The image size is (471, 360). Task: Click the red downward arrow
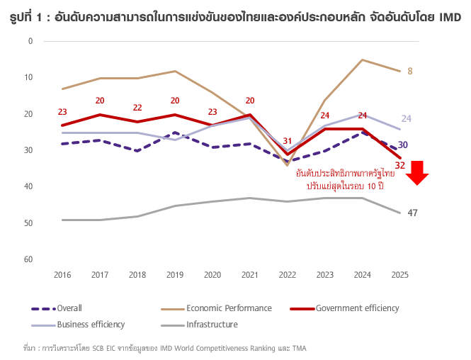(x=418, y=173)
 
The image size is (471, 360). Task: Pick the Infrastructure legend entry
(x=212, y=325)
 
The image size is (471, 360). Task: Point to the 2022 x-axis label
(x=287, y=274)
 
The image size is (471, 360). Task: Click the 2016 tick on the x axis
(x=62, y=274)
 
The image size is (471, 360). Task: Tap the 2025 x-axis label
(x=399, y=274)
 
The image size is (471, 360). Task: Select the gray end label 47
(x=412, y=213)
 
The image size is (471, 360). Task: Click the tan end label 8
(x=410, y=71)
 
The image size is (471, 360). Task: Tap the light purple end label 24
(x=407, y=118)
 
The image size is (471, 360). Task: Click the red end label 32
(x=400, y=165)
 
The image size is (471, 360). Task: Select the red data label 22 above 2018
(x=137, y=108)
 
